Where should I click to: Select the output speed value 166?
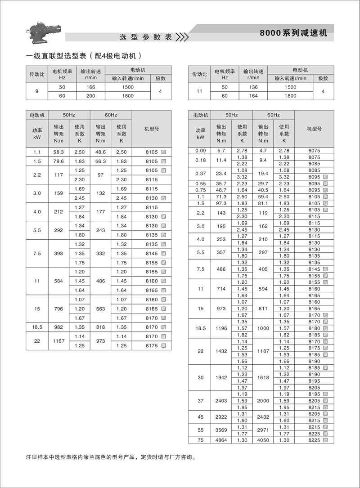pos(91,87)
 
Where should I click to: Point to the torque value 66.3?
pos(100,161)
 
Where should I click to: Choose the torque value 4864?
pos(221,440)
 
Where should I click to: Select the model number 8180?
pos(314,328)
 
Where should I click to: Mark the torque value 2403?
pos(221,400)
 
